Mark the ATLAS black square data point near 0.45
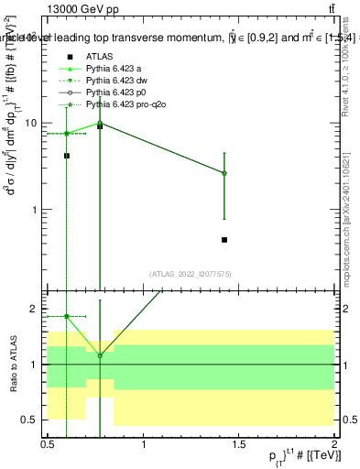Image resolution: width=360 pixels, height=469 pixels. tap(224, 240)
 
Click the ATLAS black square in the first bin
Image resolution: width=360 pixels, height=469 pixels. tap(67, 156)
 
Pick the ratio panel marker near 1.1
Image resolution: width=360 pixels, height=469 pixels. tap(100, 355)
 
